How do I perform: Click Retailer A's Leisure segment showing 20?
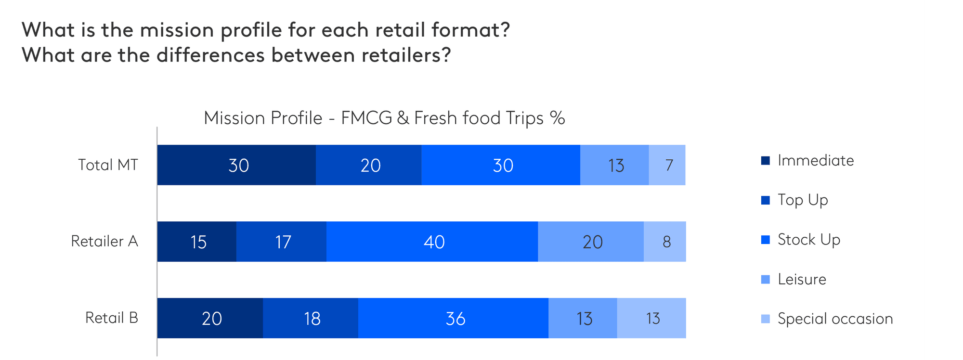(x=591, y=242)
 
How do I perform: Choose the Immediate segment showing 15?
(x=197, y=242)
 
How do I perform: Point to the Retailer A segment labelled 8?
(x=665, y=242)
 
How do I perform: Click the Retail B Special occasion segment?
(x=651, y=318)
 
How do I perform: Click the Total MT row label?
(x=108, y=165)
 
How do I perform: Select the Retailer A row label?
(x=104, y=241)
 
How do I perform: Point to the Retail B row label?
(x=112, y=318)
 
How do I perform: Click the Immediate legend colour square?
(x=766, y=160)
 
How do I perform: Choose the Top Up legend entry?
(x=803, y=200)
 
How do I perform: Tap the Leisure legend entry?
(x=802, y=279)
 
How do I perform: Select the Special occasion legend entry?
(x=835, y=319)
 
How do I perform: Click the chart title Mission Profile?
(x=384, y=118)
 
